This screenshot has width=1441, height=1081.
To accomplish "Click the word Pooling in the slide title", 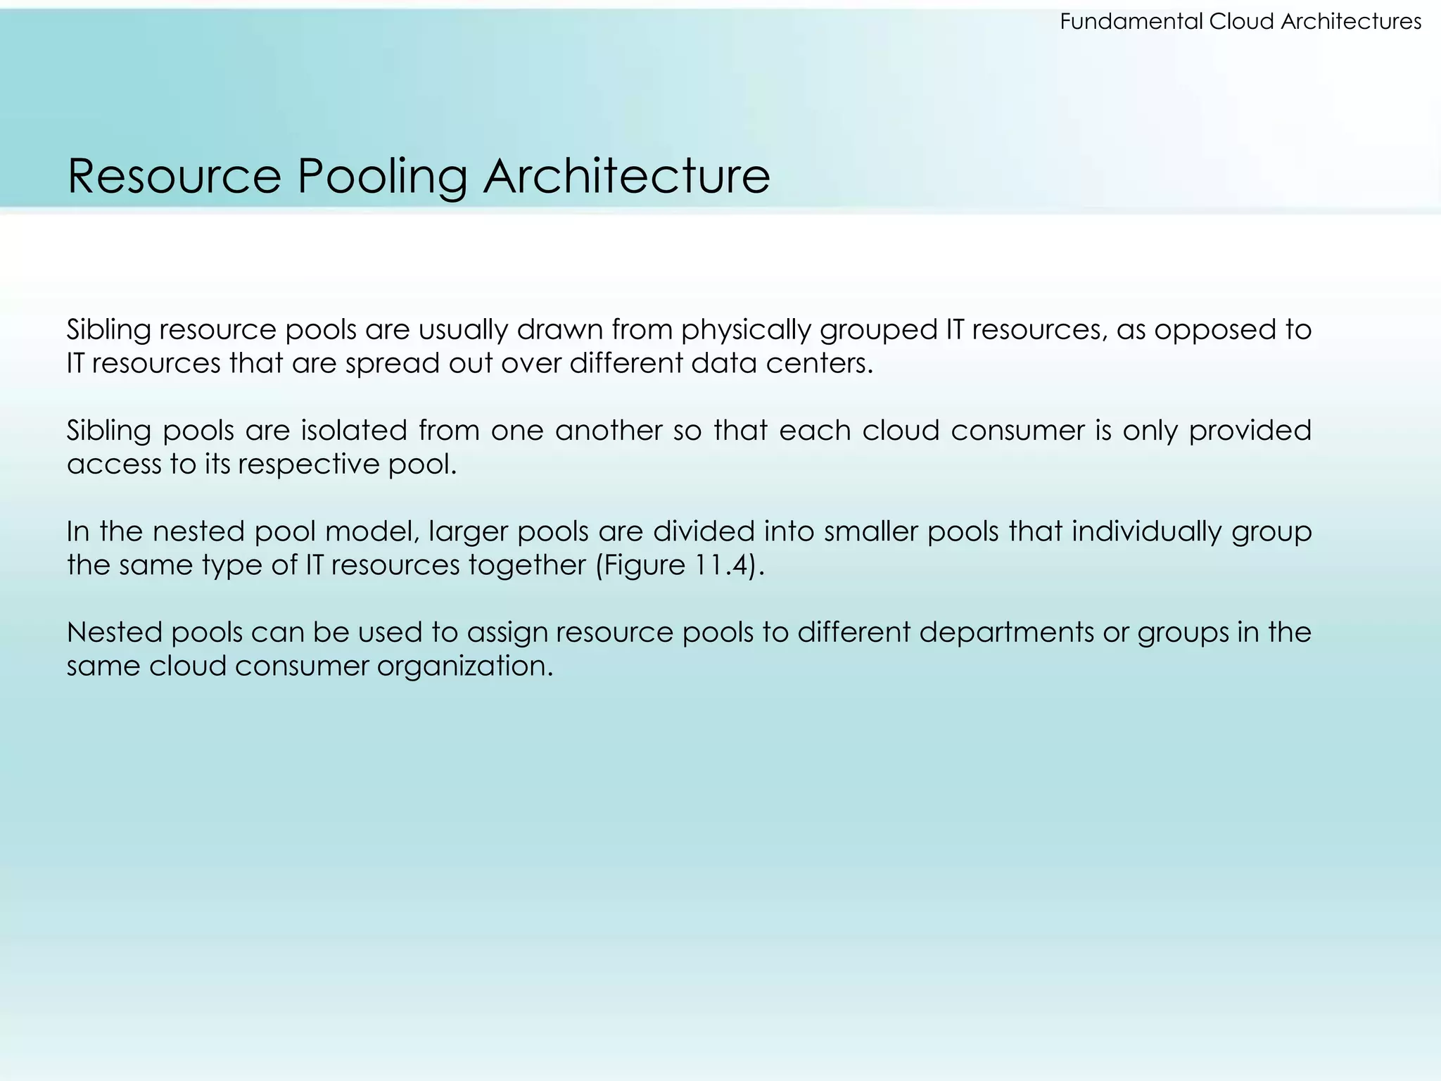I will pyautogui.click(x=382, y=176).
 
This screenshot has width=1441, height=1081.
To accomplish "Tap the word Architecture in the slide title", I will pyautogui.click(x=626, y=176).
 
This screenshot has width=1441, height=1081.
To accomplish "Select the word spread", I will pyautogui.click(x=391, y=363).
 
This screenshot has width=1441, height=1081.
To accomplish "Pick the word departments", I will pyautogui.click(x=1005, y=632).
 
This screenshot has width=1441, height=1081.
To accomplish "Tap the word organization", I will pyautogui.click(x=465, y=666).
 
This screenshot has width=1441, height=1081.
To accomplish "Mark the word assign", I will pyautogui.click(x=507, y=632).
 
